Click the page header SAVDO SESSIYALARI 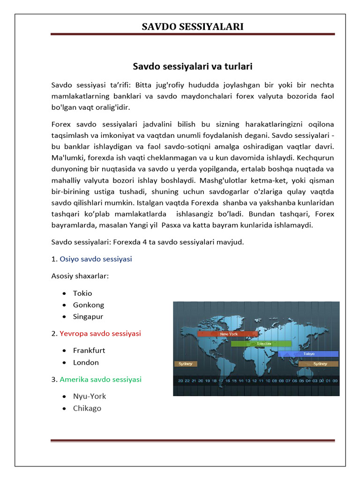pos(193,26)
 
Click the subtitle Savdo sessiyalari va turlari pos(193,67)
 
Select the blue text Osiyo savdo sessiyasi pos(96,259)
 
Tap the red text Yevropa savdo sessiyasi pos(100,333)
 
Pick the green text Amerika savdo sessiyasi pos(100,379)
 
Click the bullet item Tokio pos(82,293)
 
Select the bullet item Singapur pos(88,316)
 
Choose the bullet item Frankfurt pos(89,350)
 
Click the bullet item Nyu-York pos(90,396)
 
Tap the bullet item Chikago pos(87,408)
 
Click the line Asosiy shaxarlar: pos(80,276)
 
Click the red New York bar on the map pos(228,334)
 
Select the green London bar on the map pos(261,344)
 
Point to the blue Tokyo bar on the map pos(308,354)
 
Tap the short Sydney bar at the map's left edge pos(186,364)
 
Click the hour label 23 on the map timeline pos(180,381)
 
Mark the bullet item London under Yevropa pos(86,362)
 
